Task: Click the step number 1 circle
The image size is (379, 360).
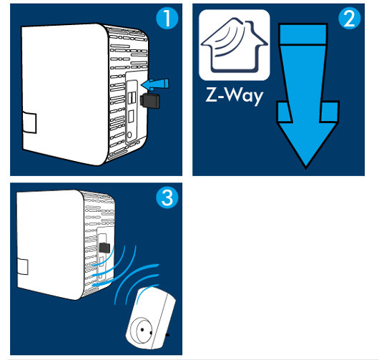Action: pyautogui.click(x=167, y=19)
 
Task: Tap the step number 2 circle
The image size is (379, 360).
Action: pyautogui.click(x=350, y=19)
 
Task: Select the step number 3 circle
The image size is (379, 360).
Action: pyautogui.click(x=167, y=198)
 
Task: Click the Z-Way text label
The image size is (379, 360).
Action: pyautogui.click(x=235, y=96)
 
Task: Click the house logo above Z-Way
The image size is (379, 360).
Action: pyautogui.click(x=235, y=45)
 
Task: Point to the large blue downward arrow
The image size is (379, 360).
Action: pyautogui.click(x=307, y=97)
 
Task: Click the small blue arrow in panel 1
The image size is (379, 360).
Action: pyautogui.click(x=154, y=84)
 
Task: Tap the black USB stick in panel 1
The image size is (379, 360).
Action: pyautogui.click(x=150, y=101)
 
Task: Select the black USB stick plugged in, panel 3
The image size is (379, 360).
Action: pyautogui.click(x=104, y=248)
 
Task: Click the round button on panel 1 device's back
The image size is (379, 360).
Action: pyautogui.click(x=129, y=135)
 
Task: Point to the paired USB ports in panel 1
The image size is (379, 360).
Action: pyautogui.click(x=132, y=98)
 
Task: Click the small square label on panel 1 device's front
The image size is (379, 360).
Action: pyautogui.click(x=29, y=122)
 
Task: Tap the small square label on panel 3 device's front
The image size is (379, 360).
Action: pyautogui.click(x=23, y=267)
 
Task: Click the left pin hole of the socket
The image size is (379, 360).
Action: pyautogui.click(x=142, y=329)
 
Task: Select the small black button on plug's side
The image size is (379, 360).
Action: pyautogui.click(x=167, y=335)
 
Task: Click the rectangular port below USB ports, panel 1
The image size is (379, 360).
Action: pyautogui.click(x=132, y=117)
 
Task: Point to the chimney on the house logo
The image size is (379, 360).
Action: pyautogui.click(x=249, y=26)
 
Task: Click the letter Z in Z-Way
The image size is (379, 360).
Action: pyautogui.click(x=211, y=94)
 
